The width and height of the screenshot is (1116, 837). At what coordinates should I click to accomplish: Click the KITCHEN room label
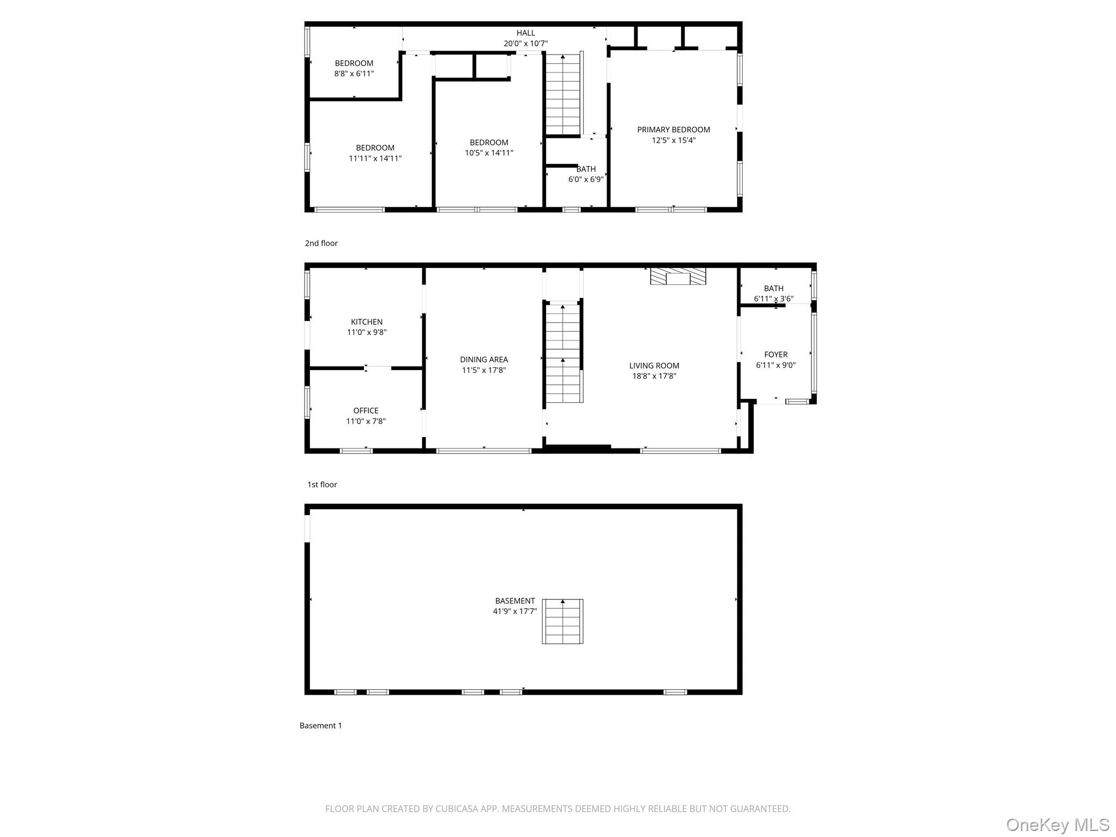point(366,322)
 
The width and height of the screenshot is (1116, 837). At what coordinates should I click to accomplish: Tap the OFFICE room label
point(366,411)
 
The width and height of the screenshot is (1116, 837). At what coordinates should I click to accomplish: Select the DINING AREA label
point(484,360)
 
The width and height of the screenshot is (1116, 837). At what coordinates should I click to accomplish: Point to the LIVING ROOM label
point(654,366)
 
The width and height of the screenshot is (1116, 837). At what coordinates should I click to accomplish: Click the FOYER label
point(775,355)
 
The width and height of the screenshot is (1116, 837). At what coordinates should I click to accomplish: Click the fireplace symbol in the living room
point(678,276)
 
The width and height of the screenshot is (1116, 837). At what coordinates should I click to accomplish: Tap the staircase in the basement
point(562,621)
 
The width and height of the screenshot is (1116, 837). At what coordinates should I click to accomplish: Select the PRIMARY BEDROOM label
point(674,130)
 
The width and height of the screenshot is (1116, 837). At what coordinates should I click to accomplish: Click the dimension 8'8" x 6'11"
point(354,74)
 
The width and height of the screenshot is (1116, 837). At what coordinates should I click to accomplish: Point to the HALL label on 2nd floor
point(526,33)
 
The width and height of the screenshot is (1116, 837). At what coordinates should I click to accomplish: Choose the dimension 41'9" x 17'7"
point(515,611)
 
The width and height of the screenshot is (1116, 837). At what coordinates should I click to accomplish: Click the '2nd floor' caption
point(321,243)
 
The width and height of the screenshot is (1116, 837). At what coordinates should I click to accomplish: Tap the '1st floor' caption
point(322,484)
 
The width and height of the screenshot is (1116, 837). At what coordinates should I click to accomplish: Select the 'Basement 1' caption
point(320,725)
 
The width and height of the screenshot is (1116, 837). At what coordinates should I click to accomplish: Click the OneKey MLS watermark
point(1057,824)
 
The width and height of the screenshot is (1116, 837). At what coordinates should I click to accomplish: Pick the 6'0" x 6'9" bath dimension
point(586,179)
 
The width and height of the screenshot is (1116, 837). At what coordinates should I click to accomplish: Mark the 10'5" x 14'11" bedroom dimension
point(489,153)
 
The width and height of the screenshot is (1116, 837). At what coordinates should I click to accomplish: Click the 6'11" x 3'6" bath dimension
point(773,299)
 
